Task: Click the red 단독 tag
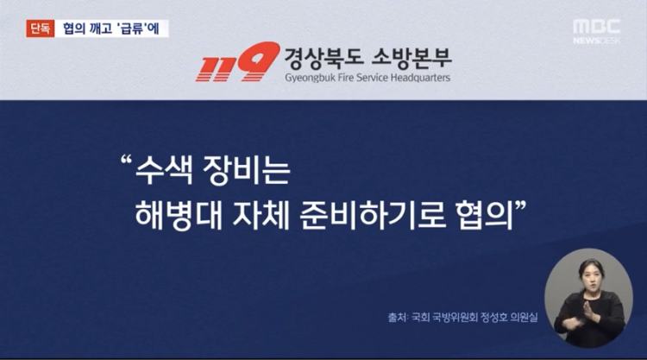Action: [41, 28]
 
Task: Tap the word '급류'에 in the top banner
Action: [138, 28]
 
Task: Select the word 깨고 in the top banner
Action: [99, 28]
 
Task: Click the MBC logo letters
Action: [597, 27]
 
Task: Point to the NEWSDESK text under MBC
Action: [597, 41]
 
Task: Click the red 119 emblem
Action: [237, 61]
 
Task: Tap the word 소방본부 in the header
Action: [411, 58]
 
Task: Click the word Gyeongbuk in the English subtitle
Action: [310, 78]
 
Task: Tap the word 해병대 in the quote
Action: [179, 215]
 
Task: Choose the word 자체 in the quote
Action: [261, 215]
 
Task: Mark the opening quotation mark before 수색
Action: [126, 160]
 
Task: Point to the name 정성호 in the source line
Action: [494, 317]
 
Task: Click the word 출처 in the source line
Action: [397, 317]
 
